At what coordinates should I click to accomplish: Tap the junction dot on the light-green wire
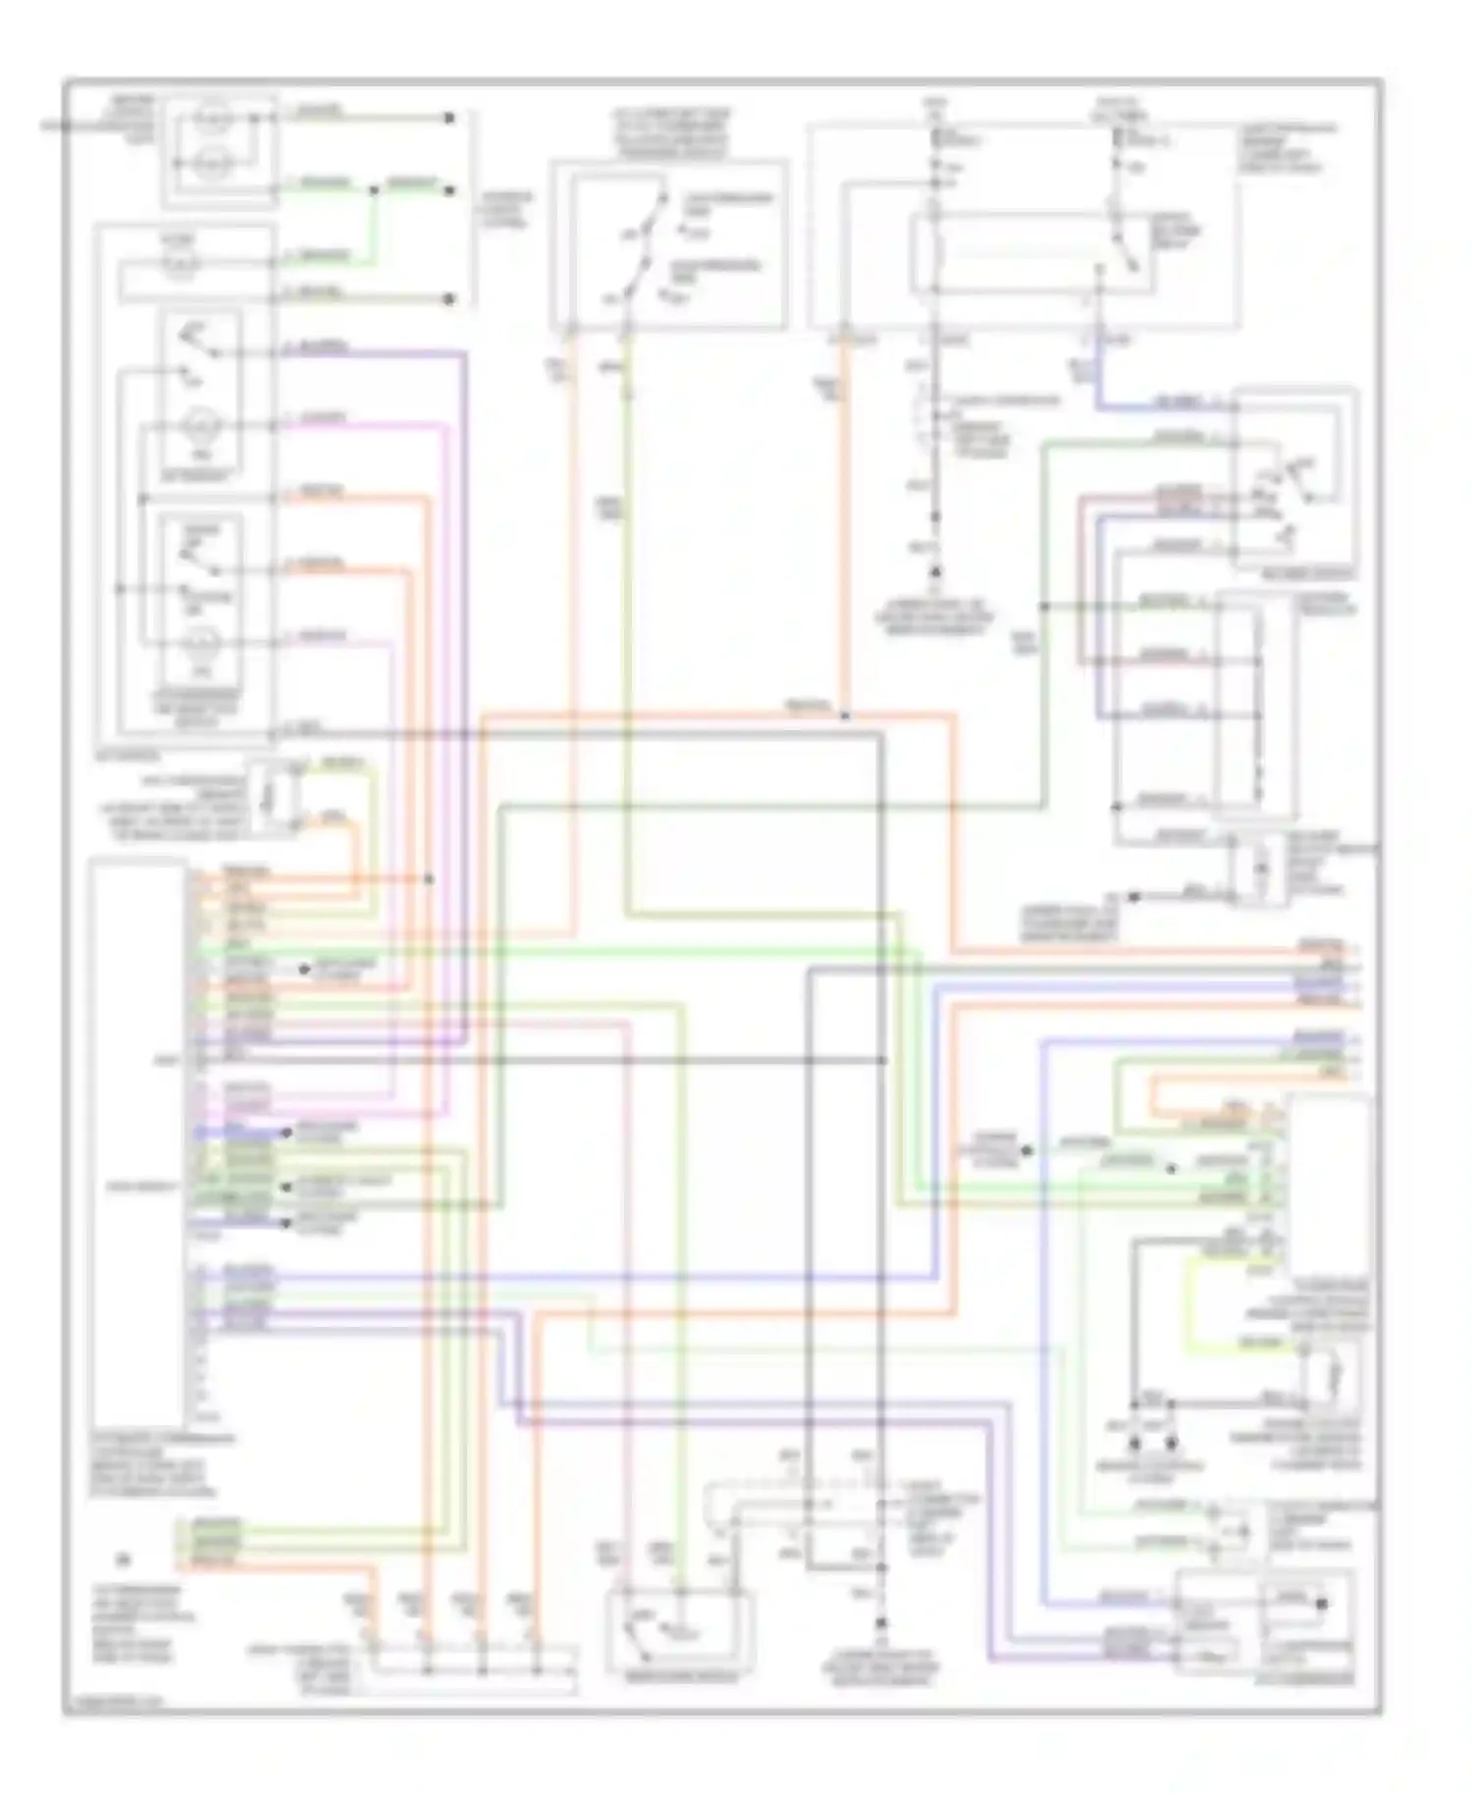click(x=373, y=189)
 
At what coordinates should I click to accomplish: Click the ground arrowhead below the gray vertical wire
click(x=936, y=571)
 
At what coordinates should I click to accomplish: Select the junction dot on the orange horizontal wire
click(x=845, y=715)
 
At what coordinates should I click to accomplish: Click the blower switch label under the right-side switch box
click(x=1295, y=573)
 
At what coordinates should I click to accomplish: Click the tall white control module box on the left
click(x=137, y=1138)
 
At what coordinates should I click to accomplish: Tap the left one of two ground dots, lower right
click(x=1135, y=1444)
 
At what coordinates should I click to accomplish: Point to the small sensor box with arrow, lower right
click(x=1332, y=1379)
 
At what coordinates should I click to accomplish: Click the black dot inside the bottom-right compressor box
click(x=1322, y=1604)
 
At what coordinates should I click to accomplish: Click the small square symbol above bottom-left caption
click(x=123, y=1558)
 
